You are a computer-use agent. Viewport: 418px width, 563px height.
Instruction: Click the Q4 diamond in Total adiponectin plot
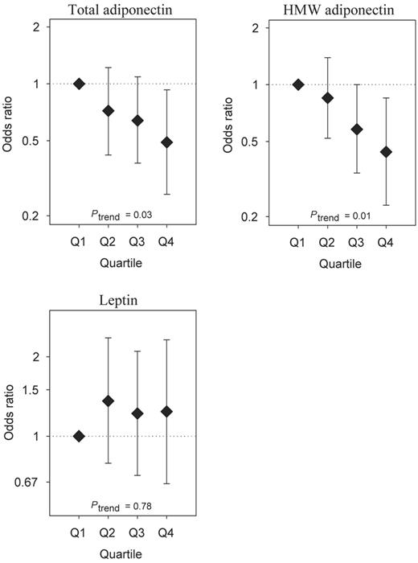(x=166, y=142)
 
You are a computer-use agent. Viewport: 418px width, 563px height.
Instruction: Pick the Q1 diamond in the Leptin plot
(x=79, y=436)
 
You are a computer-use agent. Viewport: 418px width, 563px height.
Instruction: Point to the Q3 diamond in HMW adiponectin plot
(x=357, y=129)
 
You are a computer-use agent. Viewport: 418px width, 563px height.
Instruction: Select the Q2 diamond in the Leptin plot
(x=108, y=401)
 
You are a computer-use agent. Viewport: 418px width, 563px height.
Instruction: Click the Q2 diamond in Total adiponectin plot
(x=108, y=110)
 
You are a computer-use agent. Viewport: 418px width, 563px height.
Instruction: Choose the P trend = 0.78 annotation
(x=122, y=506)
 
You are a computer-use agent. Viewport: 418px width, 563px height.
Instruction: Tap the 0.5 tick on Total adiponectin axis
(x=34, y=141)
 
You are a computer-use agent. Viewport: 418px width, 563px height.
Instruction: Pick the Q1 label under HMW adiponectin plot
(x=298, y=240)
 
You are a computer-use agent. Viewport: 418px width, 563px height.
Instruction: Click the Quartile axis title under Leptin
(x=122, y=554)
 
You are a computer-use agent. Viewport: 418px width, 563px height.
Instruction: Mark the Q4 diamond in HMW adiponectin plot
(x=386, y=152)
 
